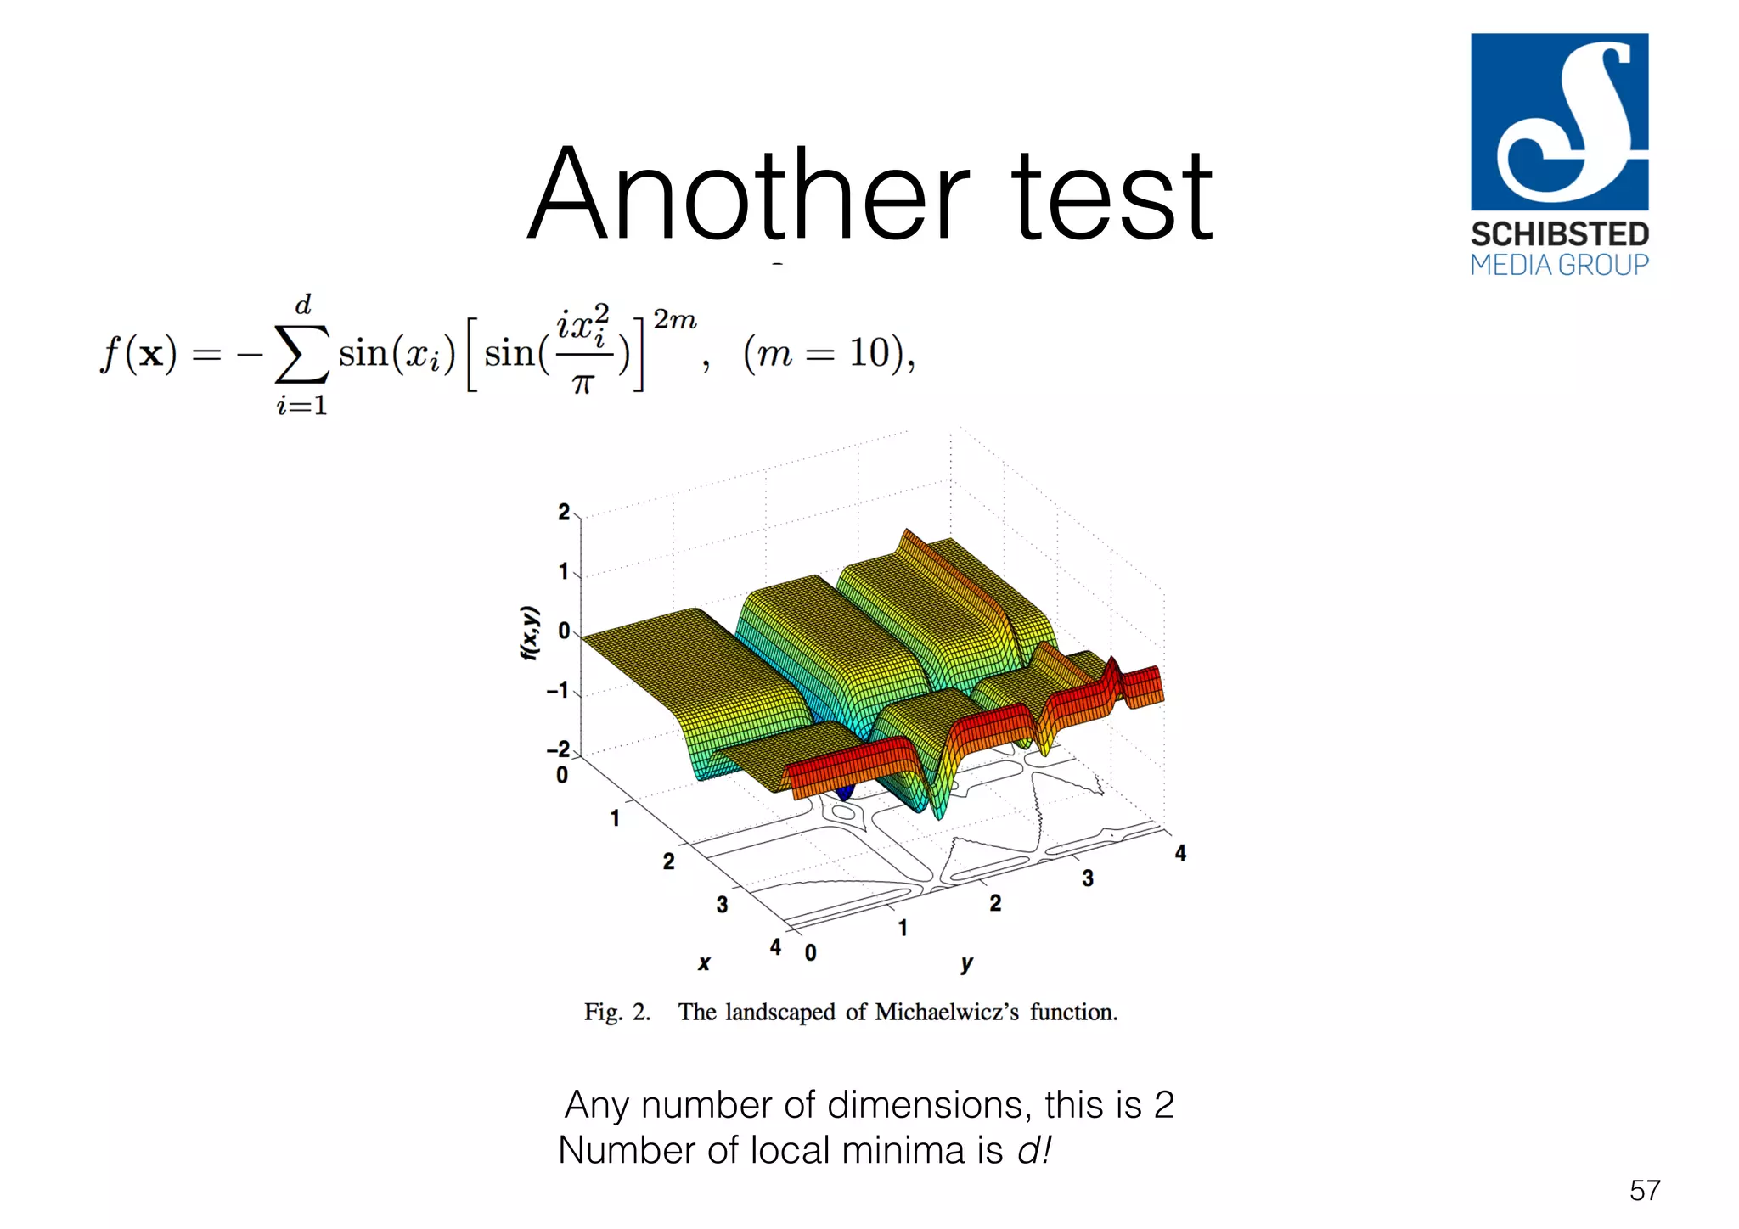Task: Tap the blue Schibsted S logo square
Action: click(1559, 121)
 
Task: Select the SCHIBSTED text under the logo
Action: click(1559, 234)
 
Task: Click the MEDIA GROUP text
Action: click(1559, 265)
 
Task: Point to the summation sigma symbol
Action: click(301, 354)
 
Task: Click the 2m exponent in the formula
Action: click(674, 320)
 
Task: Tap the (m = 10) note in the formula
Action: click(828, 352)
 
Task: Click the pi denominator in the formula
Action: click(582, 384)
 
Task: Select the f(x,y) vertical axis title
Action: click(529, 632)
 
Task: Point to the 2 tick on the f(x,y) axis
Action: click(564, 512)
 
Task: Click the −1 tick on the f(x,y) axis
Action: click(558, 690)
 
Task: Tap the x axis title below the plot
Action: click(704, 962)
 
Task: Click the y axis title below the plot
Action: click(966, 962)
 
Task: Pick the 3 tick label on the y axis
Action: click(1088, 878)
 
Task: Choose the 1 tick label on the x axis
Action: click(615, 818)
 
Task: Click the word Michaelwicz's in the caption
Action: click(946, 1012)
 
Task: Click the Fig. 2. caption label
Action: click(617, 1012)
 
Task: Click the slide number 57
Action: click(1644, 1190)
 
